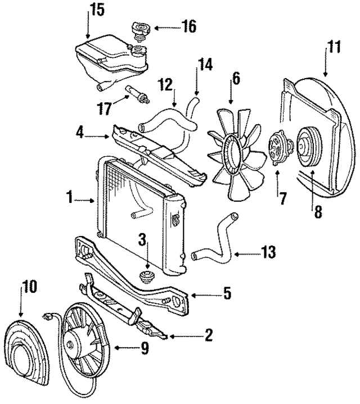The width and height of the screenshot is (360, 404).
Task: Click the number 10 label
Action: (x=29, y=287)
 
